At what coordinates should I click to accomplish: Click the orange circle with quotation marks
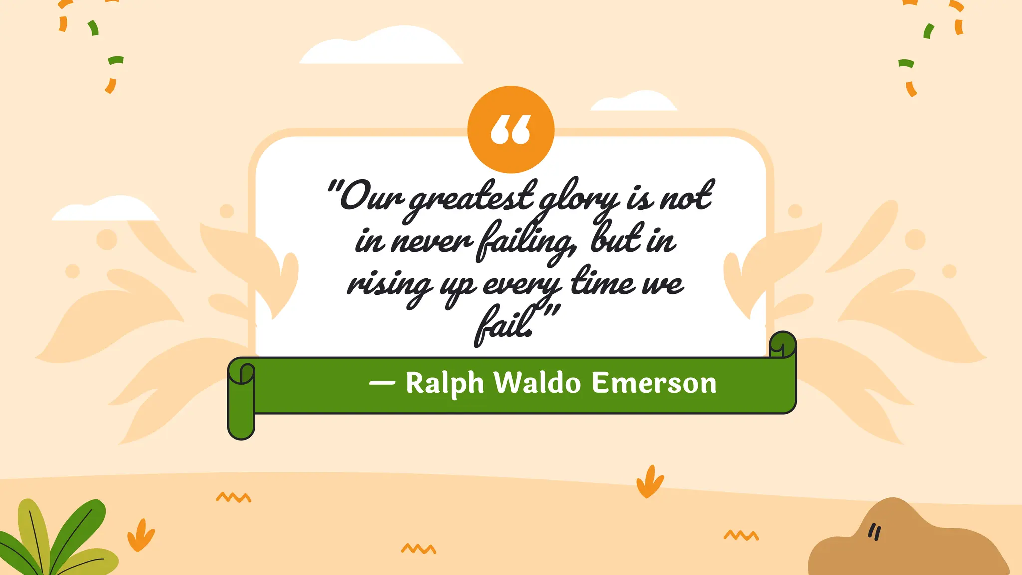pyautogui.click(x=511, y=130)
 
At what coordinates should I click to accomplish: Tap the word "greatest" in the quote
pyautogui.click(x=472, y=197)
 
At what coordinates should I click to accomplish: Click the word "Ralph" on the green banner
pyautogui.click(x=444, y=383)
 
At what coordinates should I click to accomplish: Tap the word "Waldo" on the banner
pyautogui.click(x=537, y=383)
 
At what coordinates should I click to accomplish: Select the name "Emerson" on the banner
pyautogui.click(x=654, y=383)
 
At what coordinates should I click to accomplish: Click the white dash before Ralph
pyautogui.click(x=382, y=383)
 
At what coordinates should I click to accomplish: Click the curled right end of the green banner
pyautogui.click(x=783, y=345)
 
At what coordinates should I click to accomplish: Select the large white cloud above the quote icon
pyautogui.click(x=382, y=47)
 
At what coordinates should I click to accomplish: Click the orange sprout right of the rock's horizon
pyautogui.click(x=649, y=482)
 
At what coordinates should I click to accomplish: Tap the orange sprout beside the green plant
pyautogui.click(x=141, y=535)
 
